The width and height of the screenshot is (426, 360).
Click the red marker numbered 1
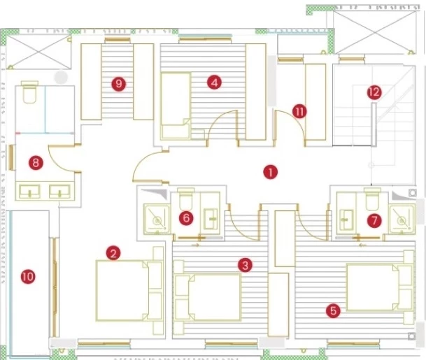(x=270, y=172)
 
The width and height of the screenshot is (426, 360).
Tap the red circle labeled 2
(x=113, y=253)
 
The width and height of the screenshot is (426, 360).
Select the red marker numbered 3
(x=245, y=265)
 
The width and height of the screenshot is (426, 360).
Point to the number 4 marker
(x=214, y=82)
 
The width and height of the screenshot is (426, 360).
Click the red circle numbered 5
(x=333, y=310)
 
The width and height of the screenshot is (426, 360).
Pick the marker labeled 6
(x=186, y=218)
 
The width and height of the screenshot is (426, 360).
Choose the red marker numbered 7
(x=374, y=220)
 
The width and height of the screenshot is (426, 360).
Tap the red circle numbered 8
(x=36, y=163)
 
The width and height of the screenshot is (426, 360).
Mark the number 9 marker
(x=119, y=84)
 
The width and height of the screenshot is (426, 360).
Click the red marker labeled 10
(x=28, y=277)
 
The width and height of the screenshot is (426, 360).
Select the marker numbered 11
(x=299, y=112)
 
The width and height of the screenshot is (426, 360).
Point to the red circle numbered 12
(x=374, y=92)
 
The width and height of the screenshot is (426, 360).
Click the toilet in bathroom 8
(x=29, y=92)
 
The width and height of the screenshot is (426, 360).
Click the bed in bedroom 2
(x=129, y=291)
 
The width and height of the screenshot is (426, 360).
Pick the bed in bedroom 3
(x=208, y=297)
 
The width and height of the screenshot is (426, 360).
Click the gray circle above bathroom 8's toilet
(x=61, y=77)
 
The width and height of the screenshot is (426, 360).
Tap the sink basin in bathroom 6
(x=211, y=218)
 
